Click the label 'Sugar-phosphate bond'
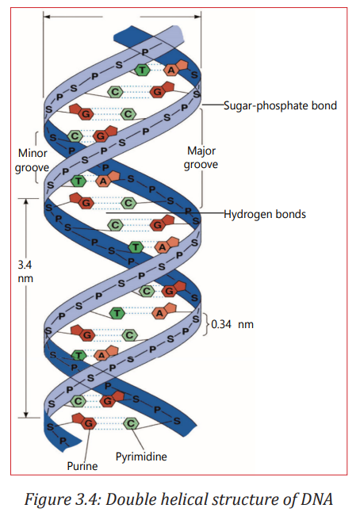point(280,105)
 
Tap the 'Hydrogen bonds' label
point(265,214)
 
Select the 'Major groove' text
point(201,158)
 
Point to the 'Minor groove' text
point(32,160)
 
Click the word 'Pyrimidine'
point(141,457)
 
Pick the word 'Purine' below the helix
point(82,466)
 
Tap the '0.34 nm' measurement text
point(232,324)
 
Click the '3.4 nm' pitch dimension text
point(25,271)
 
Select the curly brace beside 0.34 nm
point(205,324)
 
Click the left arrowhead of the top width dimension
point(46,17)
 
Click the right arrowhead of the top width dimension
point(198,17)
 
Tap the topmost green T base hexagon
point(143,70)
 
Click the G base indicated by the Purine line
point(84,422)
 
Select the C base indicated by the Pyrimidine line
point(131,424)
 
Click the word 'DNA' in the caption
point(316,499)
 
